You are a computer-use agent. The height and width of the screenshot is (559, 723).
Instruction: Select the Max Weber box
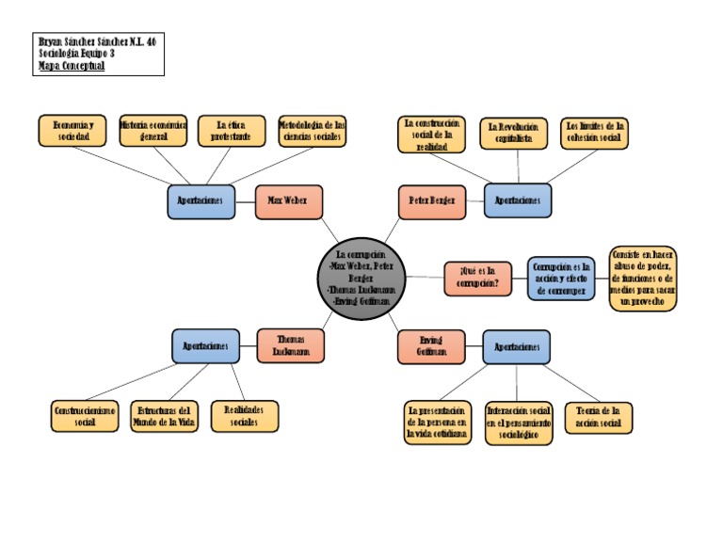tap(288, 201)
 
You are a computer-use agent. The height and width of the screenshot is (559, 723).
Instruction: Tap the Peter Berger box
tap(432, 201)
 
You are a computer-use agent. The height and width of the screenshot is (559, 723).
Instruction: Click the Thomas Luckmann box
tap(290, 345)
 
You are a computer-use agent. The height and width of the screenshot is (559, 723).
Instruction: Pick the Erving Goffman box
tap(431, 345)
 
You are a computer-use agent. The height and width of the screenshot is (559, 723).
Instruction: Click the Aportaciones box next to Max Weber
tap(201, 201)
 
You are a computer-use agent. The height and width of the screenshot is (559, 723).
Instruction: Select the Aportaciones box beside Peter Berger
tap(518, 201)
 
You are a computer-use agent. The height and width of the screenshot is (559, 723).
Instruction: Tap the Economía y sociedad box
tap(72, 131)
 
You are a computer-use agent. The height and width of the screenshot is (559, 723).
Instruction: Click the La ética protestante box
tap(232, 131)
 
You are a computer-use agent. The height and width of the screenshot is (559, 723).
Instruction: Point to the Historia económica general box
tap(153, 131)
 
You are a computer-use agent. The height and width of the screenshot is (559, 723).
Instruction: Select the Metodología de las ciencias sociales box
tap(312, 131)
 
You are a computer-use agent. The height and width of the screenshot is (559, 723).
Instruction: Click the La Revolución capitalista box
tap(514, 133)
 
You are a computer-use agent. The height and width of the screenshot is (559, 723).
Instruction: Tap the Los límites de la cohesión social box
tap(594, 133)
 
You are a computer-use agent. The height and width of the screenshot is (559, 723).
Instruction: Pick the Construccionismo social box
tap(85, 416)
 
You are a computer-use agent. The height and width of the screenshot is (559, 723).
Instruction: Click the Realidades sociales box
tap(245, 416)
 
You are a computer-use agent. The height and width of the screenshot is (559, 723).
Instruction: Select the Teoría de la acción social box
tap(599, 417)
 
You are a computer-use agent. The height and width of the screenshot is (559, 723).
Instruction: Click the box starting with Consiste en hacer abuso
tap(643, 278)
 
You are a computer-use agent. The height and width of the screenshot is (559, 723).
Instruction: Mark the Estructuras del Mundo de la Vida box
tap(165, 416)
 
